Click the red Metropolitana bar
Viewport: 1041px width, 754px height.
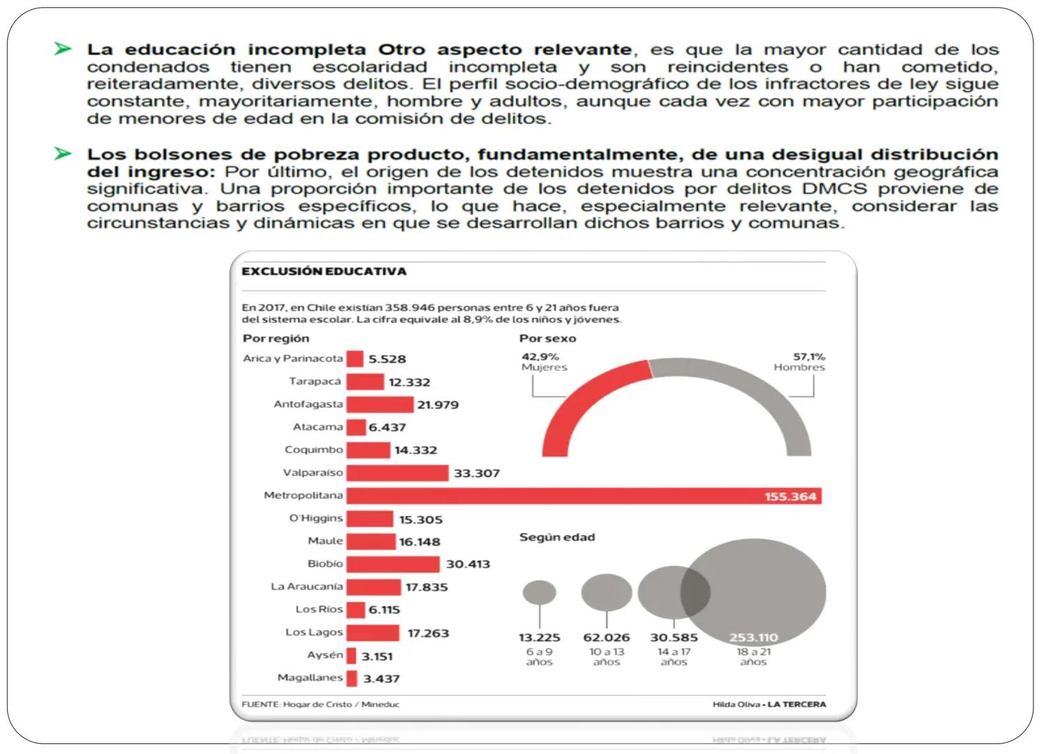pos(552,496)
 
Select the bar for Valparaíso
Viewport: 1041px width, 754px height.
pos(397,473)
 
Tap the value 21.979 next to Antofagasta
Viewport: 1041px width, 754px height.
pos(438,405)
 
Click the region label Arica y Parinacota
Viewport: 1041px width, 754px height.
pos(293,359)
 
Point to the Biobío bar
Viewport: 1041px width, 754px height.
pos(393,564)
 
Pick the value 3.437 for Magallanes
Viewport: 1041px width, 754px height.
pos(381,679)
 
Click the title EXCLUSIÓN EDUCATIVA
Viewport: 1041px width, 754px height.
pos(324,272)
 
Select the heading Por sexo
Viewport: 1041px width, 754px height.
pos(547,339)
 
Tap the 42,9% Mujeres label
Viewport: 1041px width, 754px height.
pos(544,362)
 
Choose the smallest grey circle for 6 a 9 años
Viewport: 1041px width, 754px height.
pos(539,593)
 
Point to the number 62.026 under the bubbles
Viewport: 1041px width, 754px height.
pos(606,637)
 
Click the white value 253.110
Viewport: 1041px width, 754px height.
pos(753,637)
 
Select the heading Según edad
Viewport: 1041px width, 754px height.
pos(557,538)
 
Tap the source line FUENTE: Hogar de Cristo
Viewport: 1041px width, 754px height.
pos(320,704)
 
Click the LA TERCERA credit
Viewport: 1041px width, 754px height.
pos(797,704)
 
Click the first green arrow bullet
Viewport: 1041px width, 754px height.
pos(63,49)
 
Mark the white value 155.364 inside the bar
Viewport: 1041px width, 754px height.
pos(790,497)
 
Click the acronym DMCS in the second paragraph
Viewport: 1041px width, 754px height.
pos(834,189)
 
